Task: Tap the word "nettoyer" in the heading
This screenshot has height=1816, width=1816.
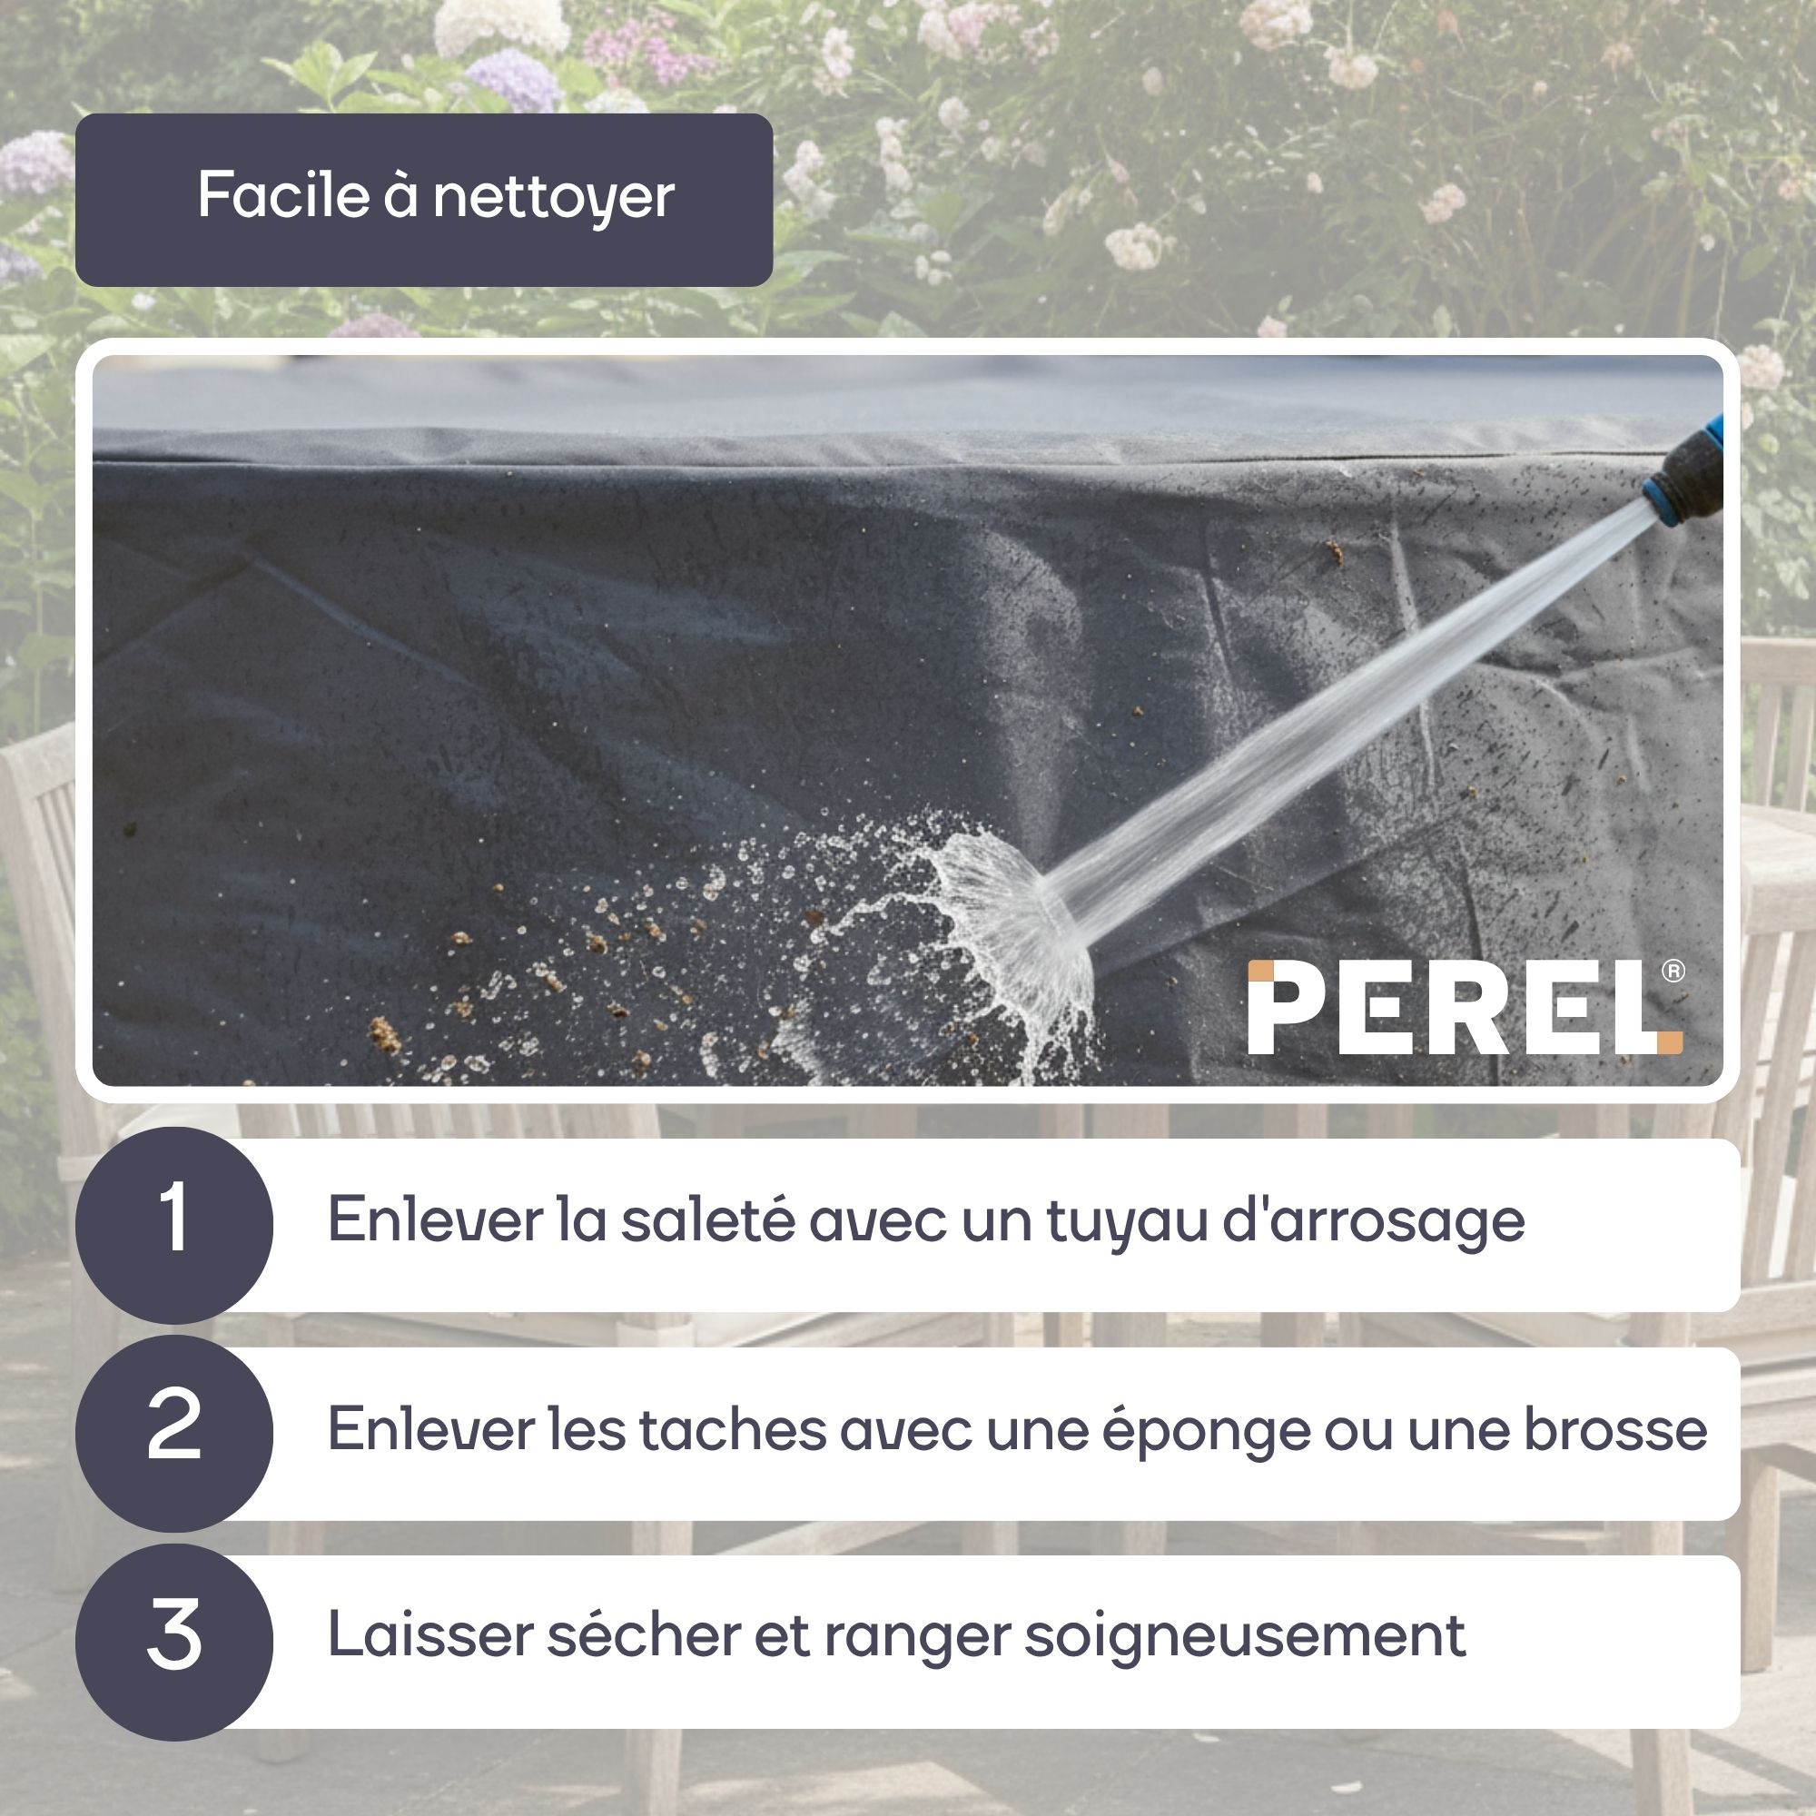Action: pos(554,200)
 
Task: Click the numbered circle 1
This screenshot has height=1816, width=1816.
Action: pos(174,1225)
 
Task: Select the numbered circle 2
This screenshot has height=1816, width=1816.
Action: pos(174,1434)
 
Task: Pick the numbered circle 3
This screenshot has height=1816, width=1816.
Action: pos(174,1641)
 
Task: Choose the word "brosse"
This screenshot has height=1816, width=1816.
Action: pos(1614,1430)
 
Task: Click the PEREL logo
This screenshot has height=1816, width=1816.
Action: pos(1466,1007)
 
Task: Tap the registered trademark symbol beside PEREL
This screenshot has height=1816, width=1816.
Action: pos(1674,972)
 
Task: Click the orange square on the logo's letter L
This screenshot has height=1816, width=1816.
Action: pos(1670,1042)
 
